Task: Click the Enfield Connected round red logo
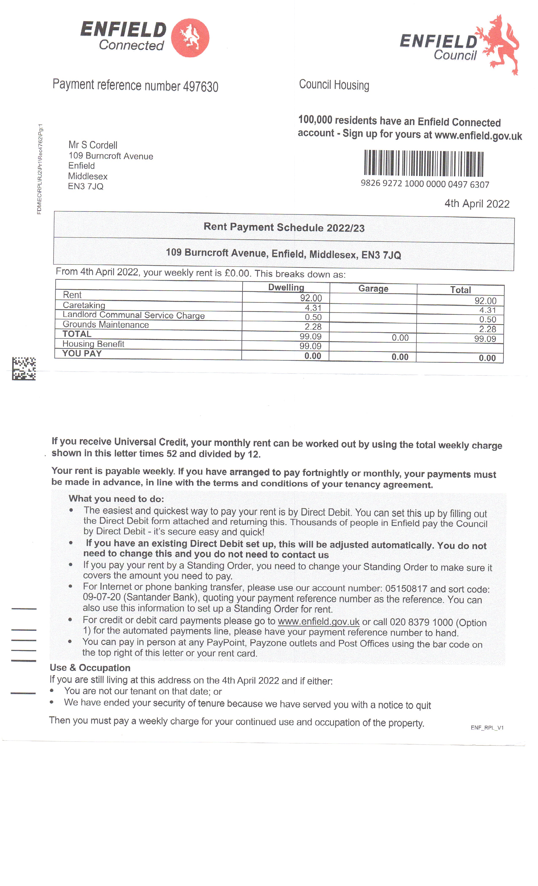(190, 38)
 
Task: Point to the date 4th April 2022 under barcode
(477, 204)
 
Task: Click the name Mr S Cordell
(93, 145)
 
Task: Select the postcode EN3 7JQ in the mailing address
(86, 186)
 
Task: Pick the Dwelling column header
(286, 287)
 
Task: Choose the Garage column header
(373, 288)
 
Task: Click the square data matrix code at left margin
(24, 369)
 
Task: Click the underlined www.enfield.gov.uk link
(318, 621)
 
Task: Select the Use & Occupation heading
(90, 668)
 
